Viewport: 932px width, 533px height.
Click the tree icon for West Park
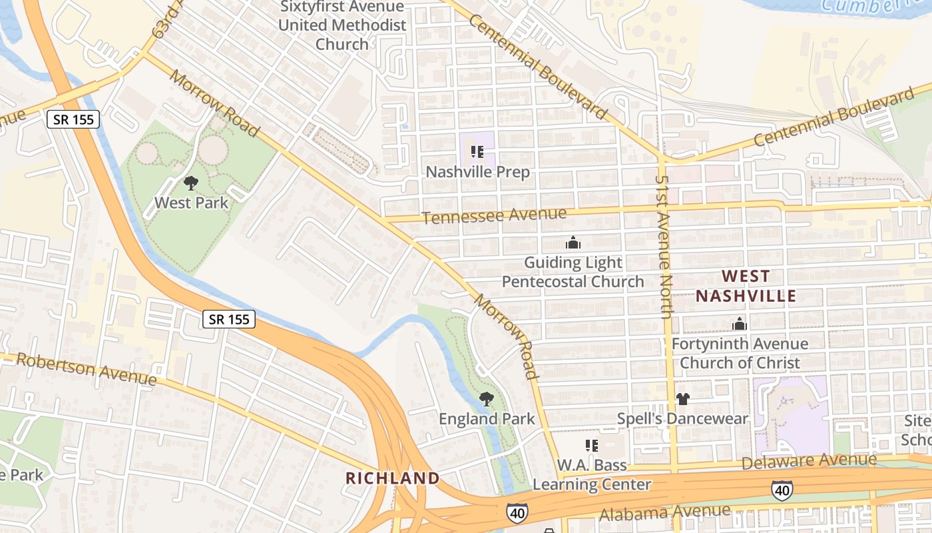pos(191,183)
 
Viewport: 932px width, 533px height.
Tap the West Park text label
pos(191,203)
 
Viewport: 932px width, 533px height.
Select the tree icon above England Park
pos(487,399)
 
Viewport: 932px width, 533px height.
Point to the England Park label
pos(487,419)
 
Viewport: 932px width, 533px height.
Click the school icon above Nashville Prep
pos(477,152)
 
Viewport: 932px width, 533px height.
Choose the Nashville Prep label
pos(477,172)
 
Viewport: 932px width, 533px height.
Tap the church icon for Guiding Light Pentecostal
pos(573,243)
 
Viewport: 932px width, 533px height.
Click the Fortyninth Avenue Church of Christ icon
pos(739,324)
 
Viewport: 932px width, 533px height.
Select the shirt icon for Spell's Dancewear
pos(682,399)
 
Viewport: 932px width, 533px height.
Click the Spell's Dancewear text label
pos(682,419)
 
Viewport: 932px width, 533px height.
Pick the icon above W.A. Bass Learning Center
pos(591,445)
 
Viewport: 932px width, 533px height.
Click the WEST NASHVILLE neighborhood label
pos(746,286)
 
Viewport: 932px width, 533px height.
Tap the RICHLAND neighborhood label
pos(393,478)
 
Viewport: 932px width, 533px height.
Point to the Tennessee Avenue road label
pos(494,215)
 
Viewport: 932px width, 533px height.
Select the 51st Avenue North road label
pos(662,247)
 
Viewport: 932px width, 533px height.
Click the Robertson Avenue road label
pos(87,369)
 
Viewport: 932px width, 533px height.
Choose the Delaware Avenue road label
pos(809,460)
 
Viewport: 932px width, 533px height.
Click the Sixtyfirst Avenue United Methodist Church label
pos(342,25)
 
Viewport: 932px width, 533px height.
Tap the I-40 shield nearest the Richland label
pos(517,512)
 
